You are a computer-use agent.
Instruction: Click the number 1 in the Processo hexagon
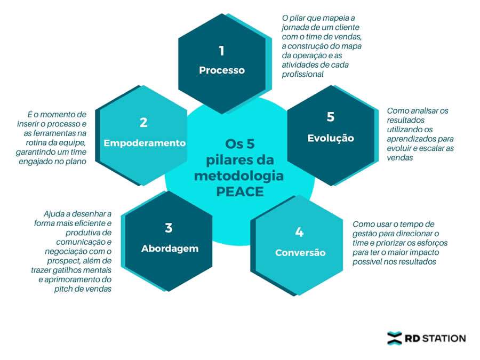pyautogui.click(x=221, y=51)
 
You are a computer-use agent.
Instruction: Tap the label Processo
pyautogui.click(x=222, y=70)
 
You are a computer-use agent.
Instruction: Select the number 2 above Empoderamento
pyautogui.click(x=143, y=123)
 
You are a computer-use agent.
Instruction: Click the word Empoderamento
pyautogui.click(x=145, y=143)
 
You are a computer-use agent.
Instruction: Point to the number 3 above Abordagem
pyautogui.click(x=169, y=228)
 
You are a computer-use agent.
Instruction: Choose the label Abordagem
pyautogui.click(x=170, y=248)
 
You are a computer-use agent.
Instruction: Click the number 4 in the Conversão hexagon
pyautogui.click(x=299, y=232)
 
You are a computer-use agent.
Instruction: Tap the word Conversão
pyautogui.click(x=300, y=252)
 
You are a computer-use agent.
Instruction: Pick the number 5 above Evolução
pyautogui.click(x=331, y=117)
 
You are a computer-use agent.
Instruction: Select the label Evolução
pyautogui.click(x=331, y=138)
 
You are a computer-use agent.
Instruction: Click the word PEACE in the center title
pyautogui.click(x=240, y=191)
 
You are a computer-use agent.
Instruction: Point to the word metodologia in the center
pyautogui.click(x=239, y=175)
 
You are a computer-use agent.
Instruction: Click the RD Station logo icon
pyautogui.click(x=395, y=338)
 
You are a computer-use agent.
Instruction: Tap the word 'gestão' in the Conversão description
pyautogui.click(x=364, y=234)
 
